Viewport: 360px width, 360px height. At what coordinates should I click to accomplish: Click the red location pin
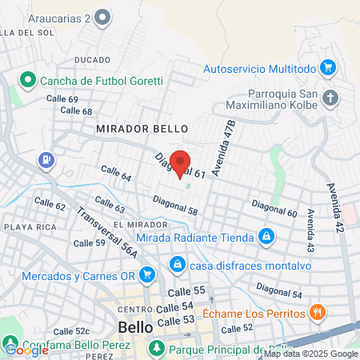(180, 162)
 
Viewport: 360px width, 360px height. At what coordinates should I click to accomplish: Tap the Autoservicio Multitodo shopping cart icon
(326, 68)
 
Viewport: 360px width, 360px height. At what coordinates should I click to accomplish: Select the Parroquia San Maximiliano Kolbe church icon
(332, 98)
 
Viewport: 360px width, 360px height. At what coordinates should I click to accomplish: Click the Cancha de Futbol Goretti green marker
(26, 80)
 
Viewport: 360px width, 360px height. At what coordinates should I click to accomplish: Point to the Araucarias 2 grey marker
(102, 17)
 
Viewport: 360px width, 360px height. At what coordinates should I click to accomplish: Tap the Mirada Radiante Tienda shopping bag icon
(266, 236)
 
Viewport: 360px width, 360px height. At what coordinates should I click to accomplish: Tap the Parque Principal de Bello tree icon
(158, 349)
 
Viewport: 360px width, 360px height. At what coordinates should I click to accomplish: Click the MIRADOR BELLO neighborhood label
(142, 128)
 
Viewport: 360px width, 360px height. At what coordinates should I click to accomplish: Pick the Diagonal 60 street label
(274, 209)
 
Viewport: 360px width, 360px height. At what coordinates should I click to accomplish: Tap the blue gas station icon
(47, 160)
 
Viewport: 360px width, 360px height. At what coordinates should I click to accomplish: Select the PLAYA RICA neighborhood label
(28, 227)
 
